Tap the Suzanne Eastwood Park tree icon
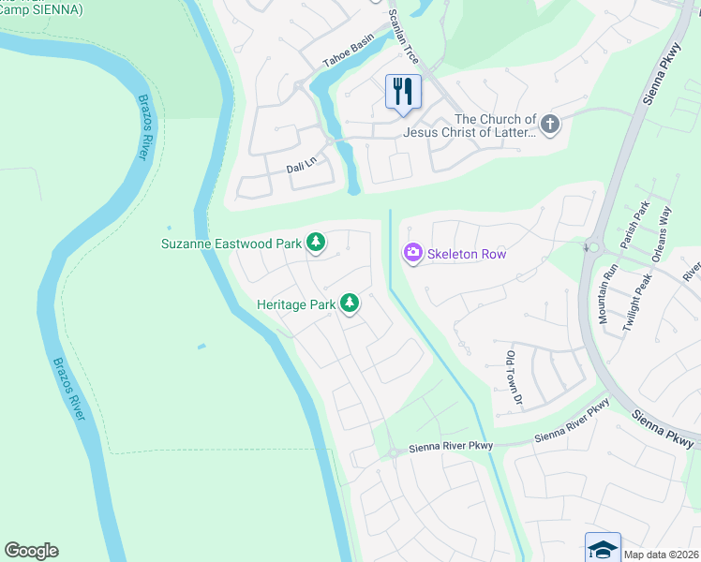pyautogui.click(x=317, y=244)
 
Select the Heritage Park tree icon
pyautogui.click(x=350, y=303)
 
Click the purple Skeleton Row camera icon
pyautogui.click(x=412, y=253)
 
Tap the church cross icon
pyautogui.click(x=549, y=123)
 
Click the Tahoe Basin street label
pyautogui.click(x=348, y=51)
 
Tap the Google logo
pyautogui.click(x=31, y=551)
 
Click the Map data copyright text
pyautogui.click(x=661, y=555)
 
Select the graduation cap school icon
pyautogui.click(x=603, y=549)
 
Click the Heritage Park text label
pyautogui.click(x=295, y=304)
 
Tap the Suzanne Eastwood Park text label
pyautogui.click(x=231, y=244)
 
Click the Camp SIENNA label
pyautogui.click(x=42, y=9)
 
